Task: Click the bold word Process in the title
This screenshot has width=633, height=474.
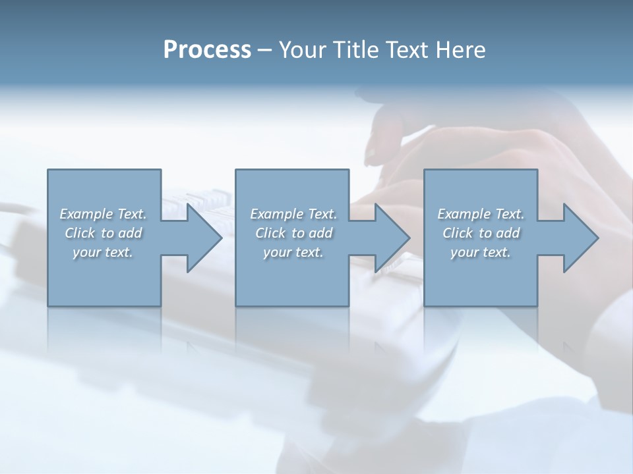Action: coord(207,50)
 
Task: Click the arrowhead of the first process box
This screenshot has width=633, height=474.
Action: coord(201,238)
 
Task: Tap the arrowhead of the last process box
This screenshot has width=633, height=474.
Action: coord(578,238)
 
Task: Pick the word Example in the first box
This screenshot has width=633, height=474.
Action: coord(86,214)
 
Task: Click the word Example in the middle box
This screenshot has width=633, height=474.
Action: coord(276,214)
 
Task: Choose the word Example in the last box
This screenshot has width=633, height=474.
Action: coord(464,214)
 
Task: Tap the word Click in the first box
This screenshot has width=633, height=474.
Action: coord(79,233)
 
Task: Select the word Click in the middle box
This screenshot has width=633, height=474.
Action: coord(270,233)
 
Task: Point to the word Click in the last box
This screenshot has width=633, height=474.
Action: coord(457,233)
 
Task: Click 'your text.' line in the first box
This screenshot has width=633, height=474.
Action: coord(104,252)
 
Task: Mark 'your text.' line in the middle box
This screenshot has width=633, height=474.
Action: coord(293,252)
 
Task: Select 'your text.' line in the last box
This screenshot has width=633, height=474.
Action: coord(481,252)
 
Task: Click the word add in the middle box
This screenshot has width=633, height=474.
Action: coord(320,233)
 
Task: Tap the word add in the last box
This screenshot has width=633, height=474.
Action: coord(508,233)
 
